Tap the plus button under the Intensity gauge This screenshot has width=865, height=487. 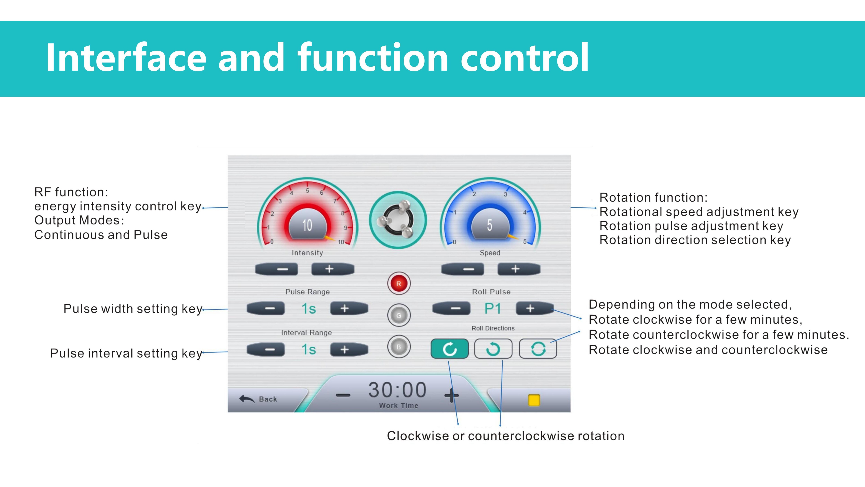pyautogui.click(x=333, y=269)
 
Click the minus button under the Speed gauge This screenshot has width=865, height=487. pyautogui.click(x=462, y=269)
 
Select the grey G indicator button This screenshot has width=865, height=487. pyautogui.click(x=399, y=315)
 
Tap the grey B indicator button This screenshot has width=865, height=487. pyautogui.click(x=399, y=347)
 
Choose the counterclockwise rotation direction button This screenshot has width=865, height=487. pyautogui.click(x=493, y=349)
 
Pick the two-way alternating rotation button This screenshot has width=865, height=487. pyautogui.click(x=538, y=349)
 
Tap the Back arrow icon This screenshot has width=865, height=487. pyautogui.click(x=247, y=399)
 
